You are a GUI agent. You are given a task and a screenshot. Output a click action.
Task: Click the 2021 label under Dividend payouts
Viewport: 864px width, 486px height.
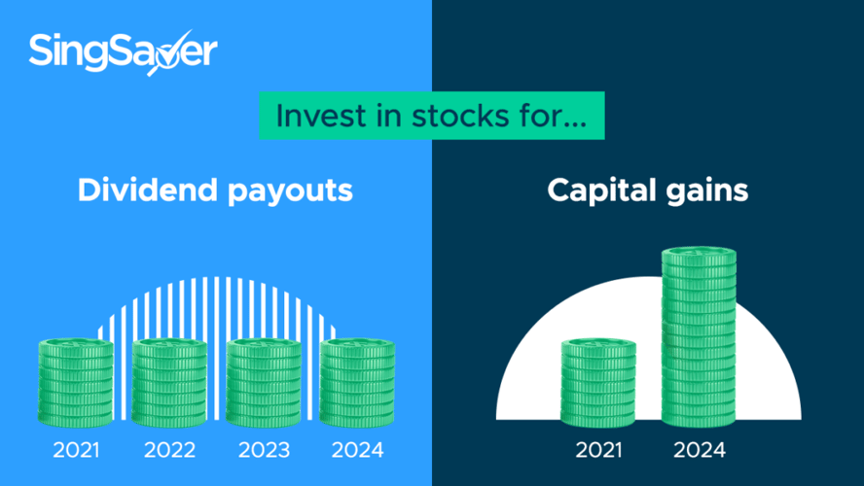(x=76, y=450)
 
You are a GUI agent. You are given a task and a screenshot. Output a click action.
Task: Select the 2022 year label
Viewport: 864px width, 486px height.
(x=169, y=450)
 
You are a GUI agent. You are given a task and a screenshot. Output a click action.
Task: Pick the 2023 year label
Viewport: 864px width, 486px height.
(x=264, y=450)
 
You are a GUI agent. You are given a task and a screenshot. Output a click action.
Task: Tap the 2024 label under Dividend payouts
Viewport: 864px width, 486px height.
(x=357, y=450)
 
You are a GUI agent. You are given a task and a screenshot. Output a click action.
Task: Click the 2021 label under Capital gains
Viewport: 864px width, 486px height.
(x=598, y=450)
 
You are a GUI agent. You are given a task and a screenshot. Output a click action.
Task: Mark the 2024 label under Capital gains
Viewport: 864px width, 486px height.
(x=700, y=450)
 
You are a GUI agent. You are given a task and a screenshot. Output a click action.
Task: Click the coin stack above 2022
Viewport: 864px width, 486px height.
(x=169, y=383)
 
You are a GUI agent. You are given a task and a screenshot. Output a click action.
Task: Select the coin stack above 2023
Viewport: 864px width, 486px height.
(x=264, y=383)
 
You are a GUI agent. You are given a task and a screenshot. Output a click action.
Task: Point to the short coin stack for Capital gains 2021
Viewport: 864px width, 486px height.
(x=598, y=383)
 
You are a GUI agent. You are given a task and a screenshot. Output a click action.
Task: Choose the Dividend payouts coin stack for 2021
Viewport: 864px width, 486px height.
(x=76, y=383)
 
